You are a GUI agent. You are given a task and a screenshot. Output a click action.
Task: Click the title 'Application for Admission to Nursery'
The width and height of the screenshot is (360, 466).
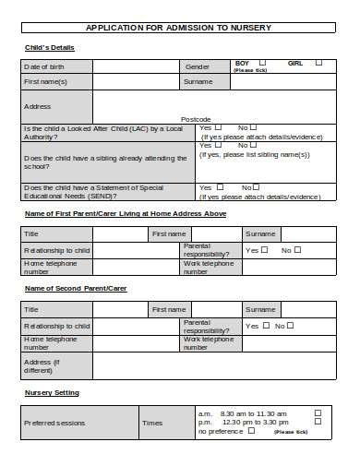point(179,28)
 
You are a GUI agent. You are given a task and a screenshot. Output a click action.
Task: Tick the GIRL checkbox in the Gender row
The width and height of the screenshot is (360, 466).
point(318,63)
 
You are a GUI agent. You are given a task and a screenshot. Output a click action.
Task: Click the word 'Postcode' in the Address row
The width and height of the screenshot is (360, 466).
point(196,118)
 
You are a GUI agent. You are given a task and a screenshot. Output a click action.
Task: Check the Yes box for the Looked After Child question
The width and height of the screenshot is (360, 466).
point(219,127)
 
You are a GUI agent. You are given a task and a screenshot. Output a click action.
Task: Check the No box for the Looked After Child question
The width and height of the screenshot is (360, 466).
point(253,127)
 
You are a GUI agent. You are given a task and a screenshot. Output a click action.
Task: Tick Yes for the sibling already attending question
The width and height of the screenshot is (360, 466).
point(219,146)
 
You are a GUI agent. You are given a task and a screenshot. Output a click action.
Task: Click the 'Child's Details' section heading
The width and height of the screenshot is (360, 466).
point(48,47)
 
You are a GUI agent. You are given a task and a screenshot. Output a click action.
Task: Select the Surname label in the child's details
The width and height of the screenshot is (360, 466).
point(198,81)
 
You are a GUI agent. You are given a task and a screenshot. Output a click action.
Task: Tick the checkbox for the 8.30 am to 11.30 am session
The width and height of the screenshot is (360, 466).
point(318,413)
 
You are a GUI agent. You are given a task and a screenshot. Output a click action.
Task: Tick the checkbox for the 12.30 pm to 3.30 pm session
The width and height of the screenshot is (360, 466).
point(318,423)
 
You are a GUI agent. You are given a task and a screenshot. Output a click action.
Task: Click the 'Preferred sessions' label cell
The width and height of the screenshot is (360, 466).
point(54,423)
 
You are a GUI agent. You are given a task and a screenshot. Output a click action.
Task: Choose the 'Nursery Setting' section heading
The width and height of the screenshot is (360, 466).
point(52,393)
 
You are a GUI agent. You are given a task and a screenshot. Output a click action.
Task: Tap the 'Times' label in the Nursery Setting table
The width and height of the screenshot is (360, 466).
point(152,423)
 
